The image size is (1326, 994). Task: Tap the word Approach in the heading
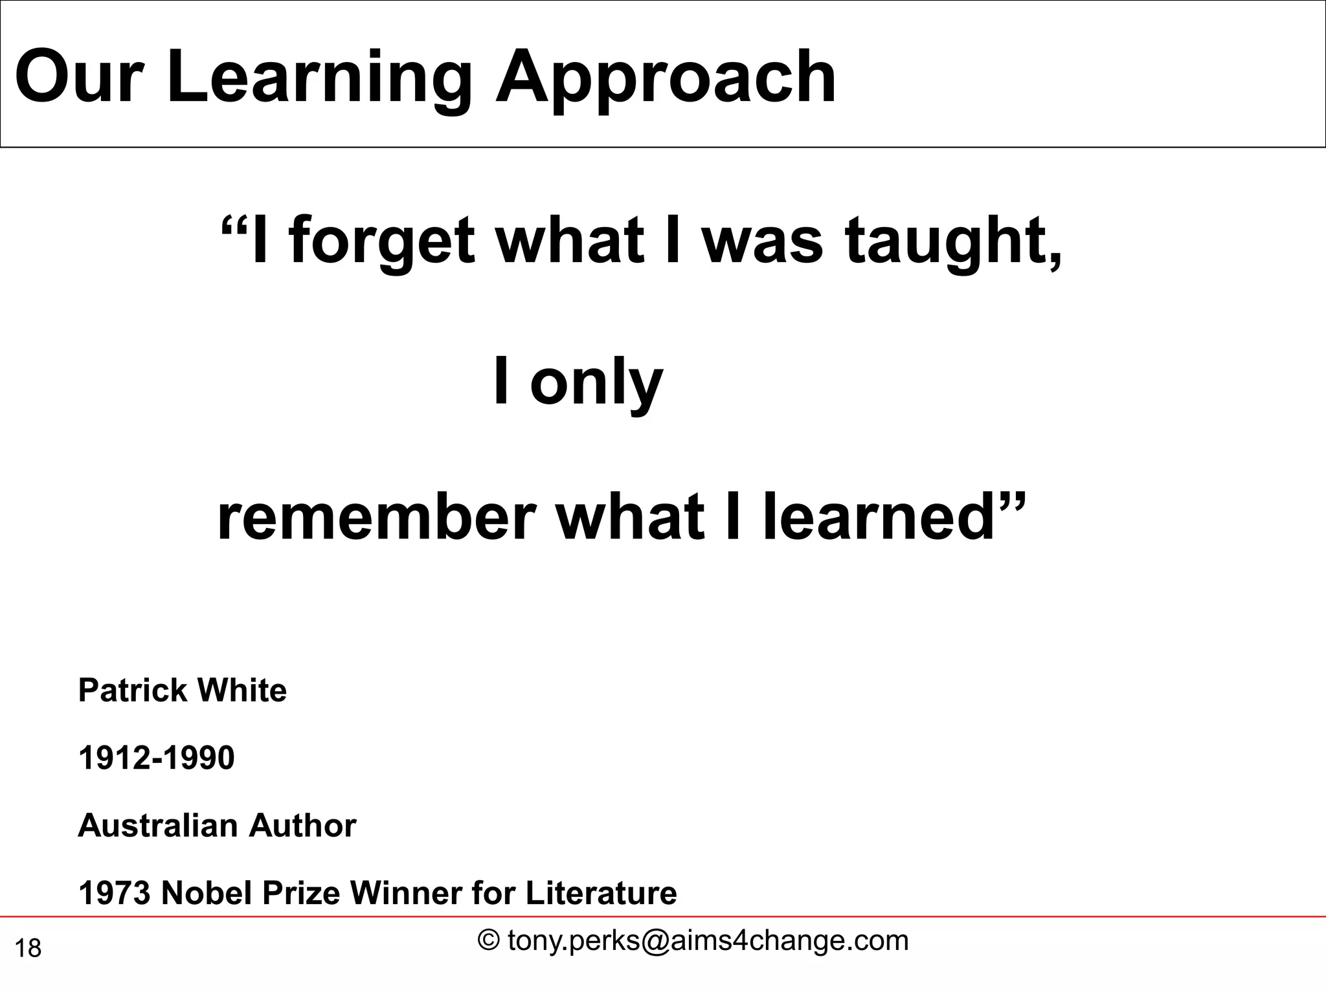click(x=665, y=79)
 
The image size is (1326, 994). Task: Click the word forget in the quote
click(x=382, y=243)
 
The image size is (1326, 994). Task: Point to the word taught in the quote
click(x=952, y=243)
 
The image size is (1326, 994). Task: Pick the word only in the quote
click(x=596, y=383)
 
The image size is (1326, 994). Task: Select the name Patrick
click(x=133, y=690)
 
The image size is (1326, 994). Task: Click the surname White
click(x=242, y=690)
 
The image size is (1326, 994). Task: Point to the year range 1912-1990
click(x=156, y=758)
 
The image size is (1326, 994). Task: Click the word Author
click(x=302, y=826)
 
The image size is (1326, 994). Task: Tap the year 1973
click(x=114, y=894)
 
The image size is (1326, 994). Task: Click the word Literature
click(x=601, y=894)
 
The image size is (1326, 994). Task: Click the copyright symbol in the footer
click(x=488, y=940)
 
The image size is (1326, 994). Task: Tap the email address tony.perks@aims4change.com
click(x=708, y=941)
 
